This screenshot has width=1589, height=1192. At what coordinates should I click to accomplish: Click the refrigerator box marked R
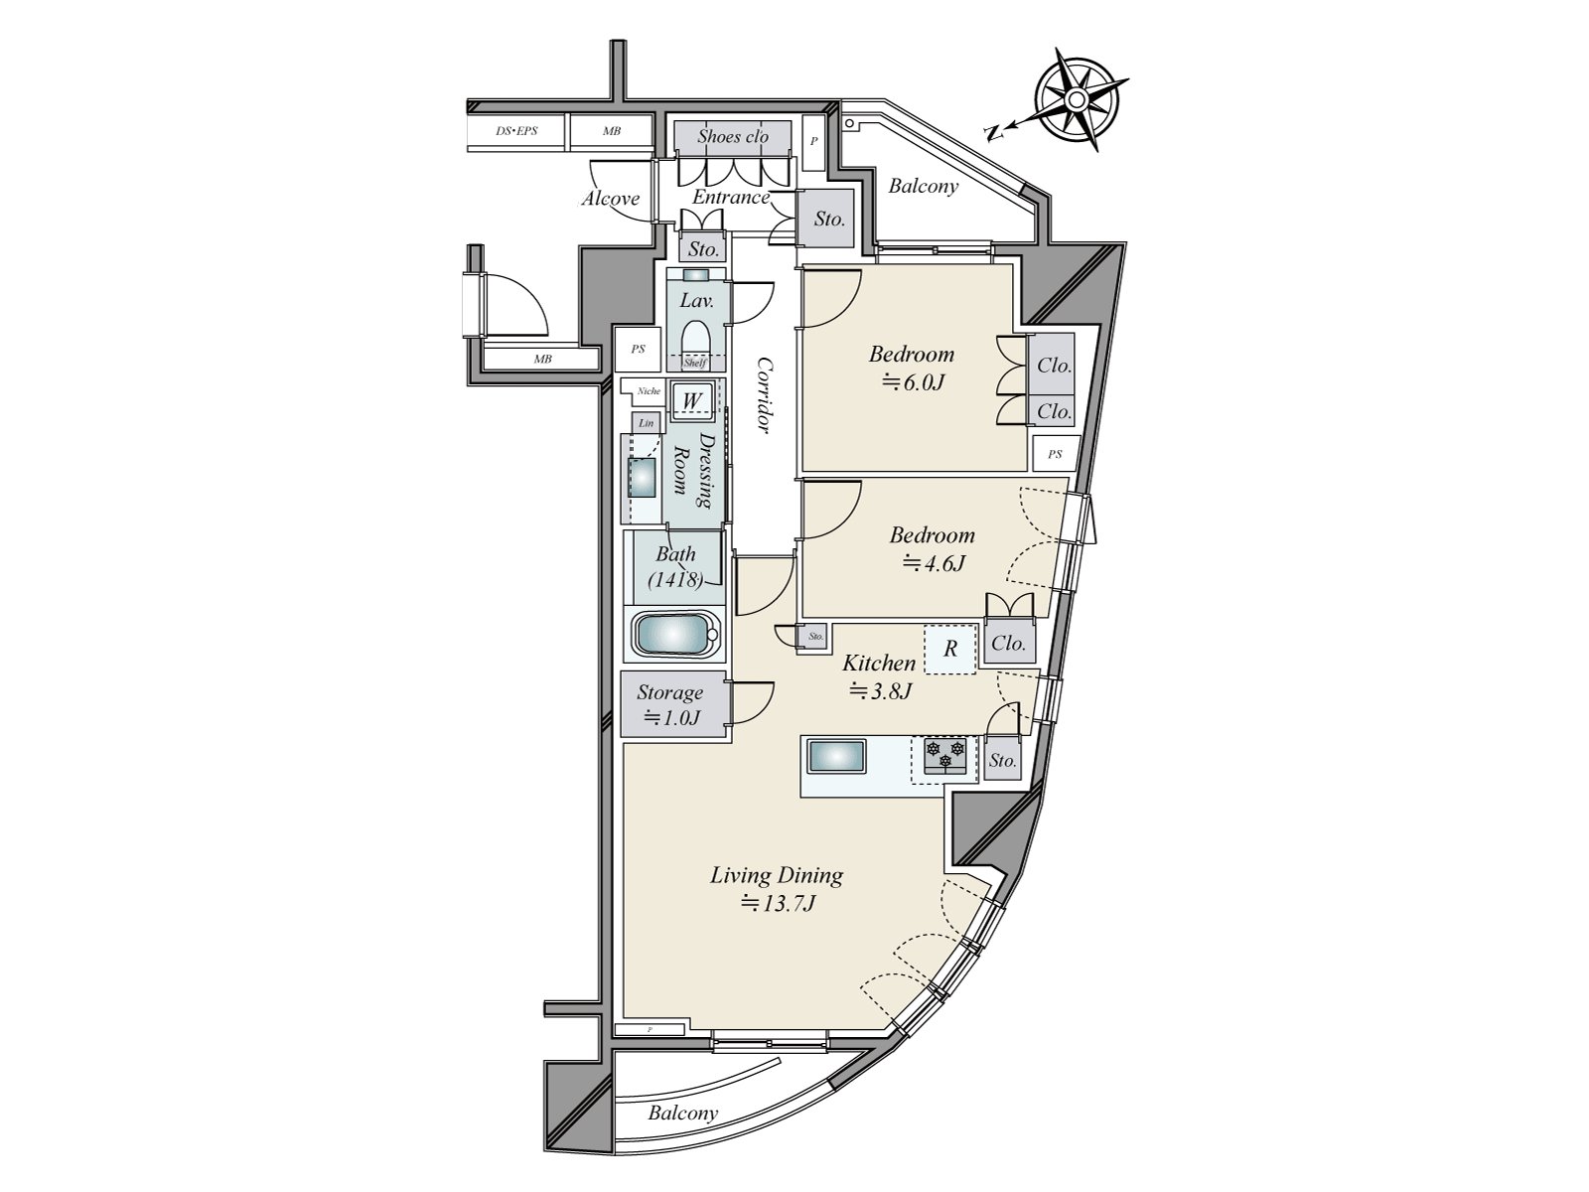pos(950,649)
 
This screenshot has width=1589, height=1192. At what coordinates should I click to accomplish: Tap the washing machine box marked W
pos(693,400)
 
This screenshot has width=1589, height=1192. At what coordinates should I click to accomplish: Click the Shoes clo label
pos(732,136)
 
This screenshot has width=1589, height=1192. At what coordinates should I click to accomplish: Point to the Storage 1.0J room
pos(671,704)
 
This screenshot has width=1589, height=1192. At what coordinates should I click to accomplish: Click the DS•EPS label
pos(516,130)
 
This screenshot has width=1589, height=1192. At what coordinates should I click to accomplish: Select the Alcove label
pos(610,199)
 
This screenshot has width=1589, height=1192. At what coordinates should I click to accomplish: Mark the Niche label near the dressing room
pos(649,391)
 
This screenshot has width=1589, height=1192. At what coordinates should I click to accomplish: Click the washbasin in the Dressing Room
pos(644,477)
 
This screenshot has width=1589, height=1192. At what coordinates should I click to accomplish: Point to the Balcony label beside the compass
pos(923,186)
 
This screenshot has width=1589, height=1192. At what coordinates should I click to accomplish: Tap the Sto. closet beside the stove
pos(1003,761)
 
